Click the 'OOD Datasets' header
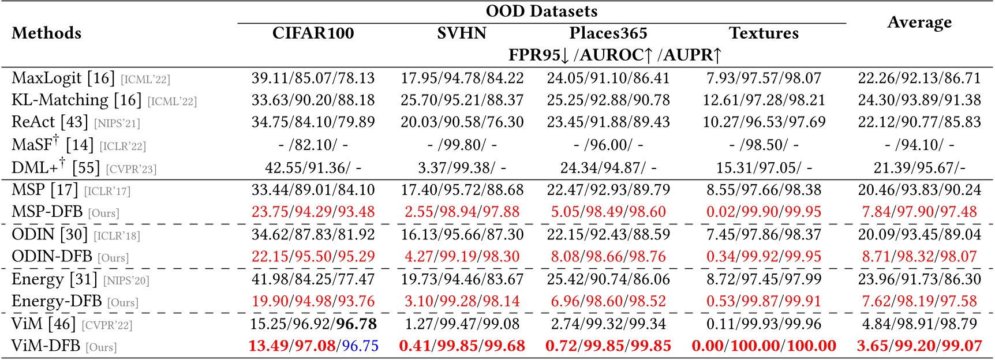(x=541, y=11)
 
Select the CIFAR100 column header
(x=313, y=33)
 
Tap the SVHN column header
(x=462, y=33)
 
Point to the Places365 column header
(x=608, y=33)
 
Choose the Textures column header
(x=764, y=33)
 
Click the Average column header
(x=919, y=22)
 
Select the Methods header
(x=46, y=33)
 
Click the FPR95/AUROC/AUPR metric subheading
(x=615, y=55)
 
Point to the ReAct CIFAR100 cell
(x=313, y=122)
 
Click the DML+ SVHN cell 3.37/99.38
(x=462, y=167)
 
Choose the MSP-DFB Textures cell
(x=764, y=212)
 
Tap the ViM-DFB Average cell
(x=919, y=346)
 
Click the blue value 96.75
(x=360, y=346)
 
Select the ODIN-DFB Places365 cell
(x=608, y=257)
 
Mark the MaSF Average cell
(x=919, y=145)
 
